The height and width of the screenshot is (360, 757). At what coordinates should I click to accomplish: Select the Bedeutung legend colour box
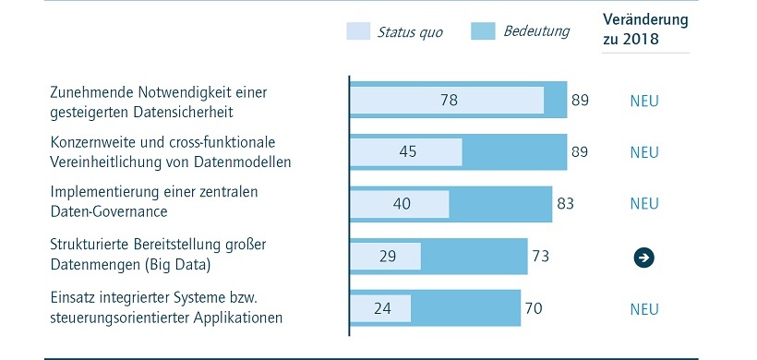(484, 31)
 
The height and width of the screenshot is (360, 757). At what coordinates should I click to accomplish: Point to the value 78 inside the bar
(449, 100)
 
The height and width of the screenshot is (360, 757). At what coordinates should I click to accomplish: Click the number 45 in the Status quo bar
(407, 151)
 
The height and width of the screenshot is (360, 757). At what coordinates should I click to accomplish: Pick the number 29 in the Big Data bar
(387, 256)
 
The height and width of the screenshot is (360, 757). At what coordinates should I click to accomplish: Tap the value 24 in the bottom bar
(381, 307)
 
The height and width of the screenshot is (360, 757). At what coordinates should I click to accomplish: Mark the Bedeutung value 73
(541, 256)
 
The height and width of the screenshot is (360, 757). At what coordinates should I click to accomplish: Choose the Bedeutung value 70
(535, 307)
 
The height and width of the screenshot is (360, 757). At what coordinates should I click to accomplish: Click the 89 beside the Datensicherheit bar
(580, 100)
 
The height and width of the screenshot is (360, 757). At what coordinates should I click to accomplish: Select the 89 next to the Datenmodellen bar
(580, 151)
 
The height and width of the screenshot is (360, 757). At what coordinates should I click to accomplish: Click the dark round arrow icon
(643, 257)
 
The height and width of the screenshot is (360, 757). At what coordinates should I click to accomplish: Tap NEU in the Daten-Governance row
(643, 203)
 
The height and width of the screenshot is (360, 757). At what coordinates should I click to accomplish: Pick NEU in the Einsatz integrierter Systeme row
(643, 307)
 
